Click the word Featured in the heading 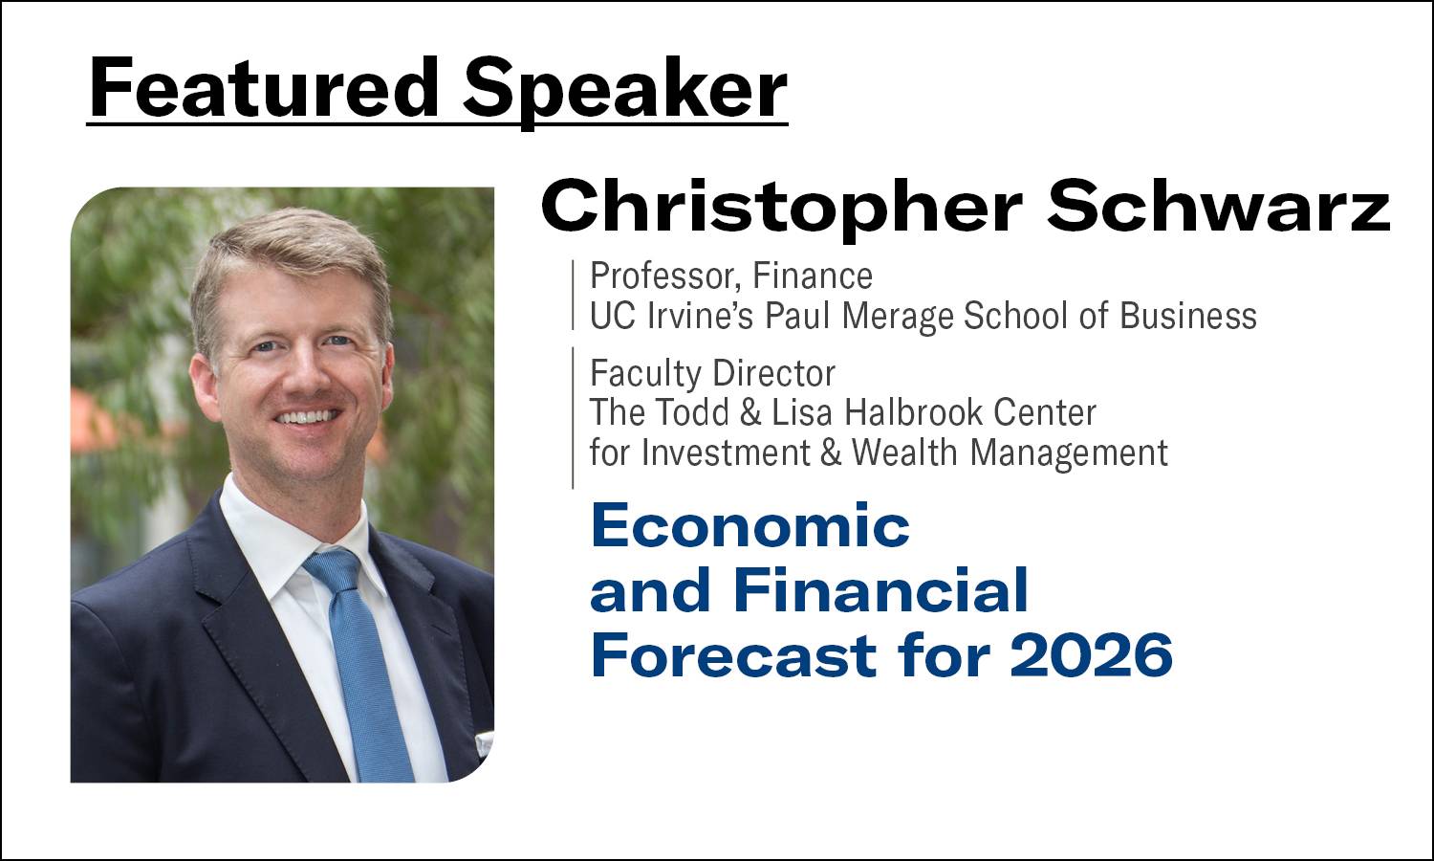tap(263, 87)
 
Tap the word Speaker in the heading tap(625, 93)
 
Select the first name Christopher tap(781, 207)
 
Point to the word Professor tap(665, 276)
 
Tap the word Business tap(1188, 315)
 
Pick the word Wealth tap(904, 453)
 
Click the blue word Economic tap(750, 525)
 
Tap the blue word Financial tap(880, 589)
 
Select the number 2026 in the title tap(1091, 654)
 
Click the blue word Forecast tap(733, 654)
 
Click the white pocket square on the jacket tap(484, 741)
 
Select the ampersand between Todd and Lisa tap(750, 413)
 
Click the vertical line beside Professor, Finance tap(573, 296)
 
